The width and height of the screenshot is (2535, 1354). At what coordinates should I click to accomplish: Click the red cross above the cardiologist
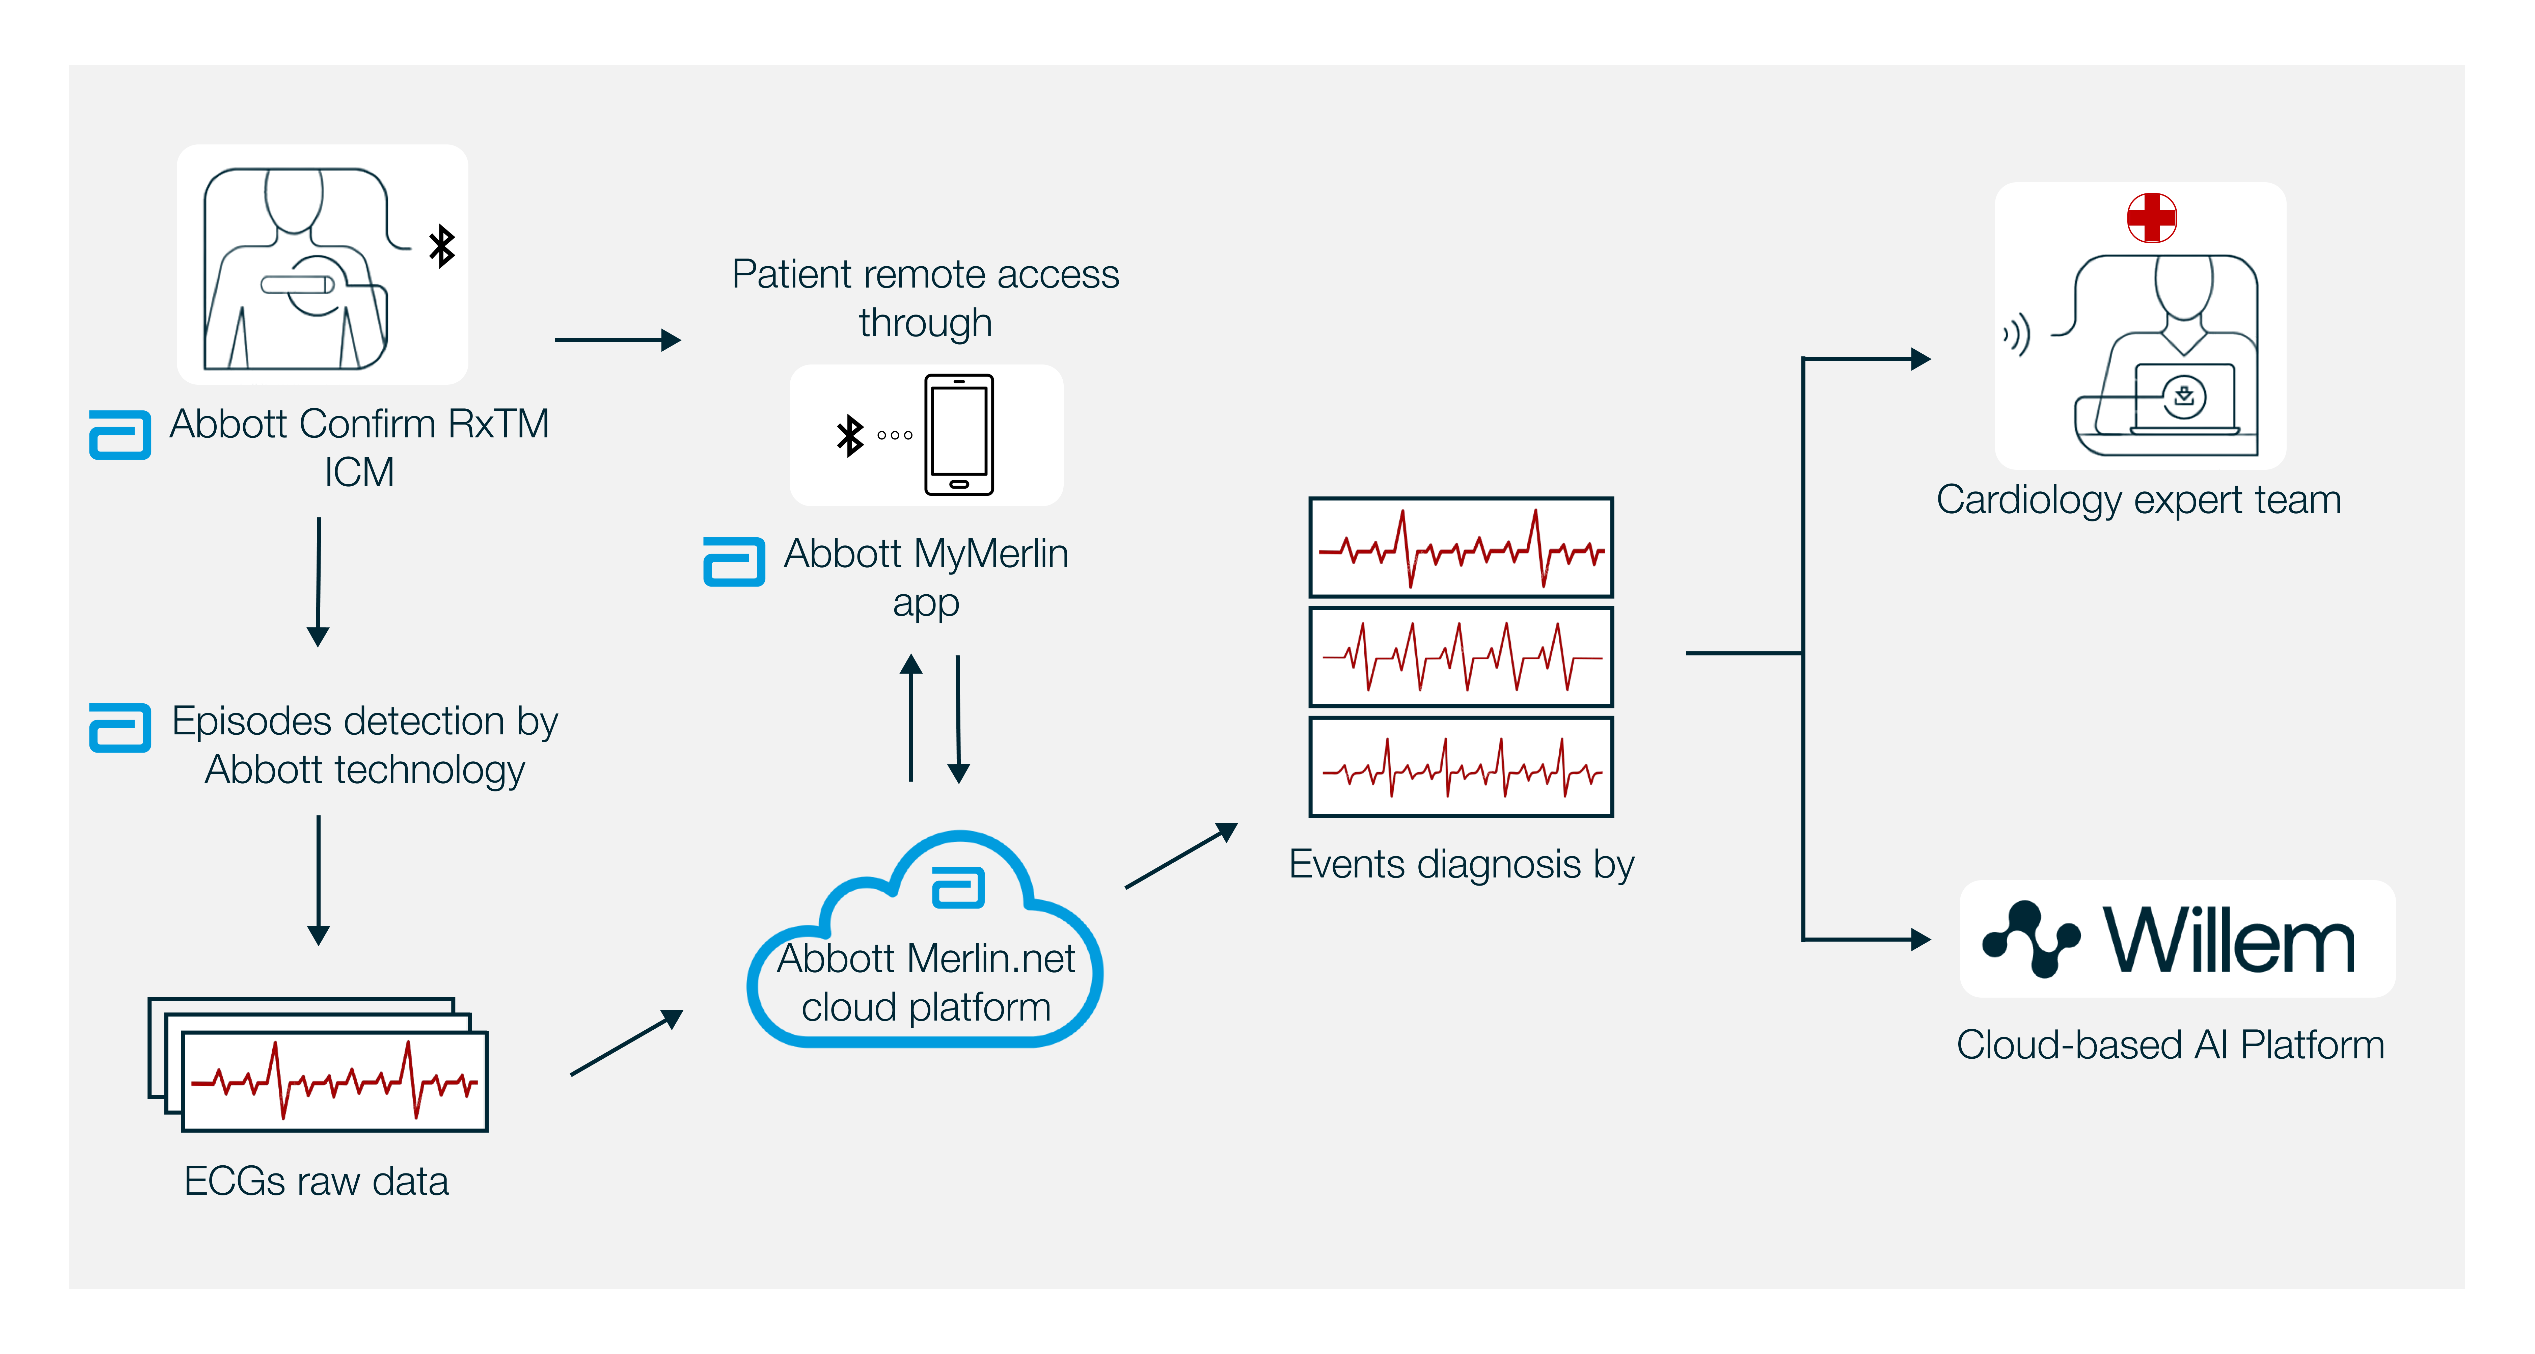pyautogui.click(x=2151, y=217)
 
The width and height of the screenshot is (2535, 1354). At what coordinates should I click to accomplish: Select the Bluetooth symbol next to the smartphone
pyautogui.click(x=849, y=435)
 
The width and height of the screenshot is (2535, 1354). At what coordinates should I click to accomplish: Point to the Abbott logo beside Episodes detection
pyautogui.click(x=120, y=728)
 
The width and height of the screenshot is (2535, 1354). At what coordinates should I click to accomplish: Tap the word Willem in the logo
pyautogui.click(x=2229, y=941)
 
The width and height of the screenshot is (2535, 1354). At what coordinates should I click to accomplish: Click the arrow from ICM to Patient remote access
pyautogui.click(x=618, y=341)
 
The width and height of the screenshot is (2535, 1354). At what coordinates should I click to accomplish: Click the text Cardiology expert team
pyautogui.click(x=2138, y=500)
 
